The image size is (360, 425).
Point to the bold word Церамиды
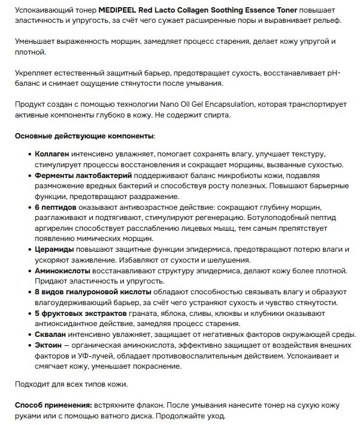[x=54, y=249]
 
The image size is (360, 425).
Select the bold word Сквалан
[x=51, y=334]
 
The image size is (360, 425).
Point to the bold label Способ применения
[x=53, y=405]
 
